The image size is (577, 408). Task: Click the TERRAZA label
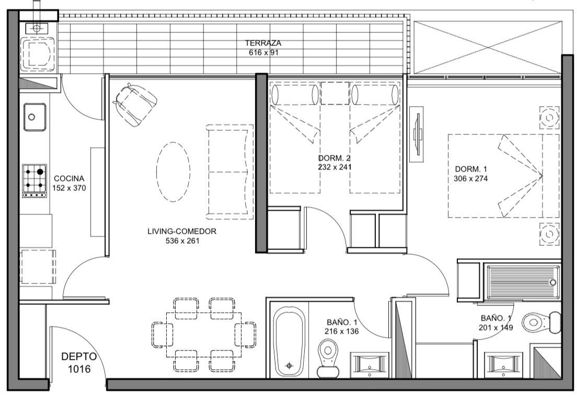263,43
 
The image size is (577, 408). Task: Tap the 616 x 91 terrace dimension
263,53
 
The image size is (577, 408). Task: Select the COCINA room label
69,178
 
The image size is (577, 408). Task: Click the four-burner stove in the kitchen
34,181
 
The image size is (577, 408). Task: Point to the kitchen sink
35,117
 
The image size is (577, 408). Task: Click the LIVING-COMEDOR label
182,232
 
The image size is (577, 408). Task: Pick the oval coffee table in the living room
173,172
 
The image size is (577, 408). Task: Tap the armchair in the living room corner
135,105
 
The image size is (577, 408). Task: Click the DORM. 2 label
334,158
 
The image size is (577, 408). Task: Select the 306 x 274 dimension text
471,178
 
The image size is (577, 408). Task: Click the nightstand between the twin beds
335,93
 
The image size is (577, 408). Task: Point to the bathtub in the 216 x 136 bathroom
289,342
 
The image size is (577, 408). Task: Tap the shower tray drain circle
553,282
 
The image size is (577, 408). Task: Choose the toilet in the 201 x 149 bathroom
541,323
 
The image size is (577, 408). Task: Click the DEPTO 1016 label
79,362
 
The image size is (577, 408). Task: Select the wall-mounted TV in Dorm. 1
417,134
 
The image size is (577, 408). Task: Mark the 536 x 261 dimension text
182,241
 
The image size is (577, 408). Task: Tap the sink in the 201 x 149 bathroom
503,365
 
